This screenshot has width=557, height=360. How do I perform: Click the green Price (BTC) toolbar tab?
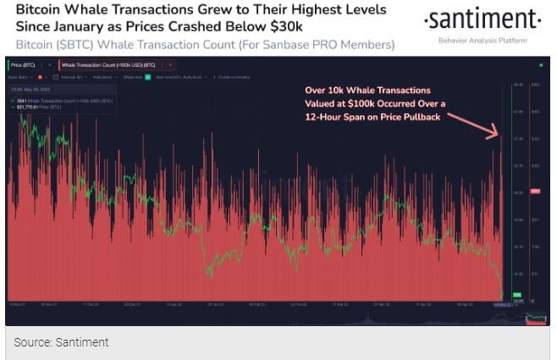point(24,65)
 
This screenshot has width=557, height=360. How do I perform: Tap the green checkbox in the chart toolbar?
point(147,76)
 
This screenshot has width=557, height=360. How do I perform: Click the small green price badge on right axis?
point(517,295)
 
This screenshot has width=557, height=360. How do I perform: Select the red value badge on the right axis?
point(535,192)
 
